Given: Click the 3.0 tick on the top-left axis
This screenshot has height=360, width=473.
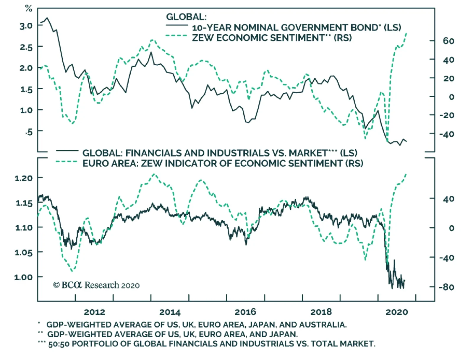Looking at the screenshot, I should [26, 26].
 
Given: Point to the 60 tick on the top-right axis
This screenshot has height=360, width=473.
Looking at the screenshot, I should [448, 41].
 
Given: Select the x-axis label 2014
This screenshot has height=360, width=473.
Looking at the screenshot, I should [170, 312].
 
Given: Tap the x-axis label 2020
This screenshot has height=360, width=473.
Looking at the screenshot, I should [396, 312].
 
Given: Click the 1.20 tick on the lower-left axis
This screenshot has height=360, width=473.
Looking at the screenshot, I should [23, 178].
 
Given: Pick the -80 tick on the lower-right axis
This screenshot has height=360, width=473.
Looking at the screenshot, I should [446, 287].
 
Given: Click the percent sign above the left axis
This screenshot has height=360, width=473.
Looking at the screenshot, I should [28, 9].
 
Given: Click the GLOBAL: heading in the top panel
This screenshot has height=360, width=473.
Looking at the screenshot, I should [186, 17].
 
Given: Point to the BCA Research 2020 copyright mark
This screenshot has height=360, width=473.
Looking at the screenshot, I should [96, 285].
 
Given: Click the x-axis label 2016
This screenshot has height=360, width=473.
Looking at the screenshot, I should [245, 312].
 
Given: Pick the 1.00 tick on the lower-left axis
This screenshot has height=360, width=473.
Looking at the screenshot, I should [23, 277].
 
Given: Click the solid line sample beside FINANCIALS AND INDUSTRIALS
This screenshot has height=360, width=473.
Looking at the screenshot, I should [67, 151].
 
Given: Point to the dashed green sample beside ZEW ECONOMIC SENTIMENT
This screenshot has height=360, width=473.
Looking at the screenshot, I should [176, 36].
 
